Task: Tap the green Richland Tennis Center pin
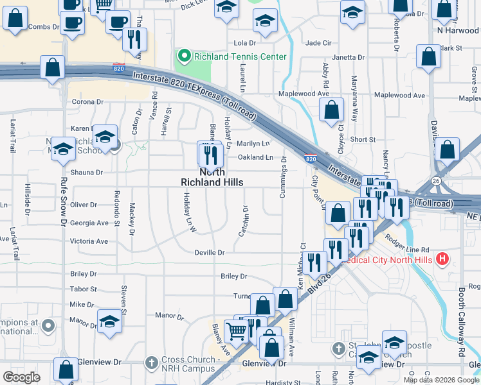pos(184,56)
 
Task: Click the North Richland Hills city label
pos(212,177)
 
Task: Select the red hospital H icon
pos(442,260)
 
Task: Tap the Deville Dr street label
pos(210,253)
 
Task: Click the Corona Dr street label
pos(87,101)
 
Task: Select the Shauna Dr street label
pos(87,173)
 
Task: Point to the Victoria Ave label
pos(89,241)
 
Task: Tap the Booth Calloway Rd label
pos(461,321)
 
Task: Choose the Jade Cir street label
pos(318,43)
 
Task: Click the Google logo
pos(22,377)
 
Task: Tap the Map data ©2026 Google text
pos(440,380)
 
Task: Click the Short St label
pos(363,139)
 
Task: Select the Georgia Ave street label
pos(89,223)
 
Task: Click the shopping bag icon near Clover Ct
pos(331,110)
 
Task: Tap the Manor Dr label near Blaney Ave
pos(170,316)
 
